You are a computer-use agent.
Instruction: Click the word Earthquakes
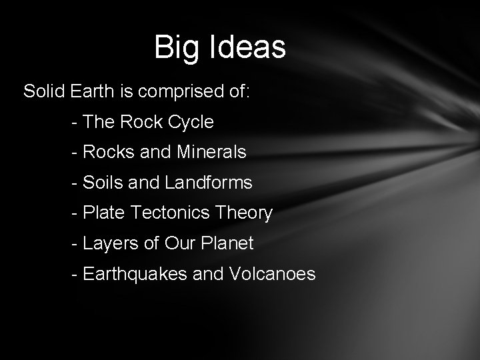(134, 275)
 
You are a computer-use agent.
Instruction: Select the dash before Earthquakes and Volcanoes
(73, 275)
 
